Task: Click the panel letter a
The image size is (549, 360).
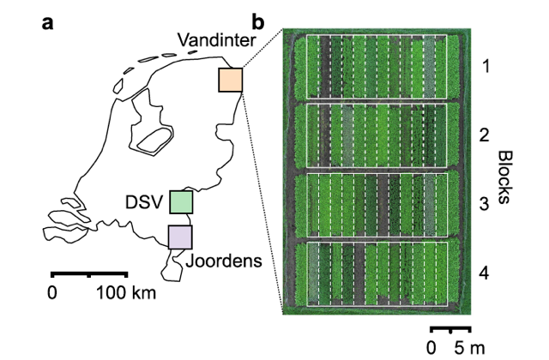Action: pos(48,24)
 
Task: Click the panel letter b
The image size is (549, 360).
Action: pos(259,23)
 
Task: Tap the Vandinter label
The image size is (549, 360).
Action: pos(216,40)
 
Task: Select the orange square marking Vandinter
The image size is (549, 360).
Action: pos(231,80)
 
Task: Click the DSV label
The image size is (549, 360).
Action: pos(144,202)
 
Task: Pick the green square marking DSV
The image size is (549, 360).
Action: pos(181,202)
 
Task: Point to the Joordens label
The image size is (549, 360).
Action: pos(224,261)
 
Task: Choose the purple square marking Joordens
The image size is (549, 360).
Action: pos(180,237)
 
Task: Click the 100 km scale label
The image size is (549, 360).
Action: pos(126,292)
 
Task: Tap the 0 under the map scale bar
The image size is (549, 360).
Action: pos(51,292)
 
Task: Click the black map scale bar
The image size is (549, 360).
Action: pos(89,273)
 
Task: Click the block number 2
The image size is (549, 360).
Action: pos(484,135)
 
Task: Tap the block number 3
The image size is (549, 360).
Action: pos(484,204)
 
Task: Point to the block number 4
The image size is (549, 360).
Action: pos(484,273)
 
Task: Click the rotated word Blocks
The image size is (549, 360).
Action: pos(504,177)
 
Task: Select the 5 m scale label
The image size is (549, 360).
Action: pos(470,348)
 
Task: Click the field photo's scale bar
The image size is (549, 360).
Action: pos(450,329)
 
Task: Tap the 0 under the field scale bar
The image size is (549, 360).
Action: pos(431,348)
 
